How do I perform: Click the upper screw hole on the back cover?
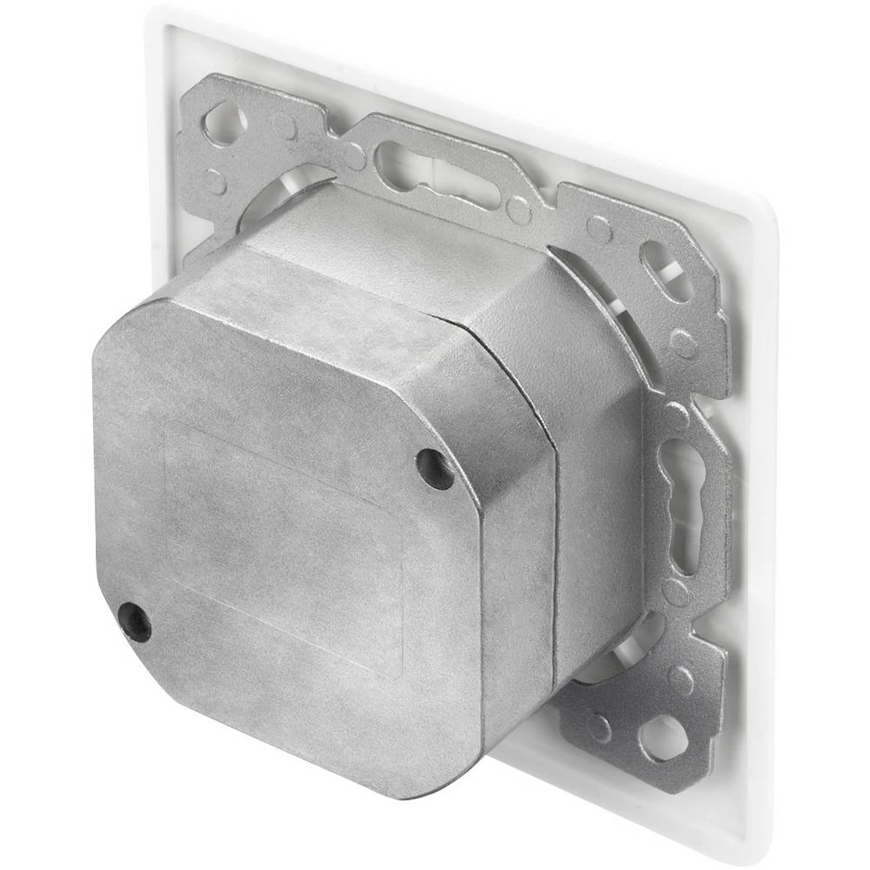pyautogui.click(x=435, y=469)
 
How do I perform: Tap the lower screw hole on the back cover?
pyautogui.click(x=135, y=622)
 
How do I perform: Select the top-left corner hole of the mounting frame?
pyautogui.click(x=223, y=121)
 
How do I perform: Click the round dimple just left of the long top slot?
pyautogui.click(x=354, y=157)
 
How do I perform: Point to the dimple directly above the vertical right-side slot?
pyautogui.click(x=675, y=415)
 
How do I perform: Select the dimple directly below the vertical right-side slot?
pyautogui.click(x=676, y=592)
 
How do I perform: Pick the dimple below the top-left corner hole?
pyautogui.click(x=214, y=181)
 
